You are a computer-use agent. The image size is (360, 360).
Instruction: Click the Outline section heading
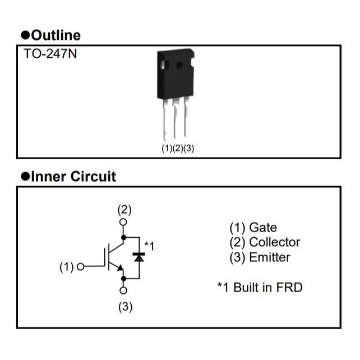pyautogui.click(x=50, y=35)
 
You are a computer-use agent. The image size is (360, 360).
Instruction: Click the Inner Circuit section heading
pyautogui.click(x=68, y=177)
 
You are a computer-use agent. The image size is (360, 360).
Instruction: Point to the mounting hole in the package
pyautogui.click(x=179, y=65)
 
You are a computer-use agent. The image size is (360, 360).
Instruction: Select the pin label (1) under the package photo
pyautogui.click(x=167, y=149)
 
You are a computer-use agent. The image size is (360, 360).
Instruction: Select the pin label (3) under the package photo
pyautogui.click(x=189, y=149)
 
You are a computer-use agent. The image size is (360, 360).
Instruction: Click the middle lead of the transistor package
pyautogui.click(x=175, y=121)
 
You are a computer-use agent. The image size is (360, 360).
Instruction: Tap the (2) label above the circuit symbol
pyautogui.click(x=124, y=210)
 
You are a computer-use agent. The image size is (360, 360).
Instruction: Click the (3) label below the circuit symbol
pyautogui.click(x=124, y=307)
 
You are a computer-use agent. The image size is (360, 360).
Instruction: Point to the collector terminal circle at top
pyautogui.click(x=124, y=222)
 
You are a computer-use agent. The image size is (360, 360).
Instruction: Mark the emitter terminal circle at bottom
pyautogui.click(x=124, y=290)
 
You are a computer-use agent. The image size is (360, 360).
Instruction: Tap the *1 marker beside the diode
pyautogui.click(x=149, y=245)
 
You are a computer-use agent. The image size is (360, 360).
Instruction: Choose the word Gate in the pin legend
pyautogui.click(x=263, y=228)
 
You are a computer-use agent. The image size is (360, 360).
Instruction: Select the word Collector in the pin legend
pyautogui.click(x=274, y=242)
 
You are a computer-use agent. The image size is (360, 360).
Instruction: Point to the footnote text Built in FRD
pyautogui.click(x=267, y=288)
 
